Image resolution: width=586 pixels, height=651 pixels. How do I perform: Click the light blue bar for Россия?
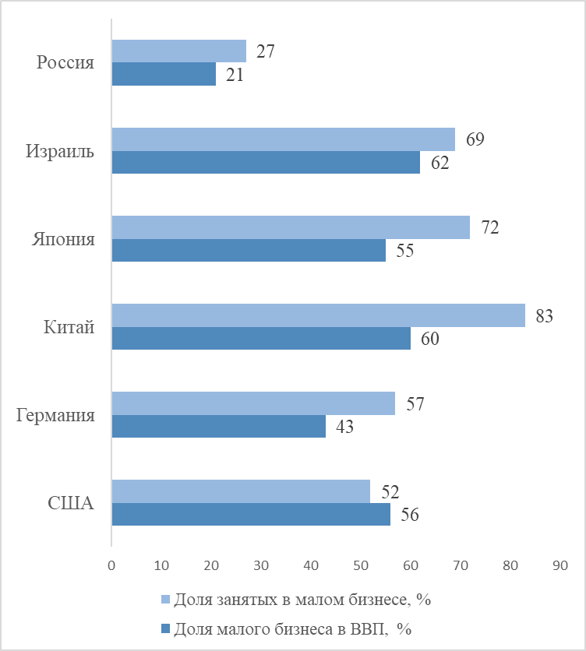(x=178, y=51)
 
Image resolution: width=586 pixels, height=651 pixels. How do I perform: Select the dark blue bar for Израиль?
(x=266, y=162)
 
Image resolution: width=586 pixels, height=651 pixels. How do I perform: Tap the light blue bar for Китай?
(x=318, y=315)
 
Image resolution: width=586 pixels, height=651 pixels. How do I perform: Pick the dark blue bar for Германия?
(x=218, y=426)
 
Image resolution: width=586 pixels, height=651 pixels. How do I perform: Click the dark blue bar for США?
(x=251, y=514)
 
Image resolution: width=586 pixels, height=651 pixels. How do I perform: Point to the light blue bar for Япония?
(x=291, y=227)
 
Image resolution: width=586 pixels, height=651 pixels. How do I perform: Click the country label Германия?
(x=56, y=415)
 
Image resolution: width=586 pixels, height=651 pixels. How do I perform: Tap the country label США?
(x=71, y=503)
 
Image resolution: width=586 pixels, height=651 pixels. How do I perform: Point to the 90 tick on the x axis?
(x=560, y=565)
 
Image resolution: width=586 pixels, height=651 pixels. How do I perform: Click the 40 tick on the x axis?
(x=310, y=565)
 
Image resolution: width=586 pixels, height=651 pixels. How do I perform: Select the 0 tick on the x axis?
(x=111, y=565)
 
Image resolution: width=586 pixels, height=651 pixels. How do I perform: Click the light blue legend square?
(x=164, y=600)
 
